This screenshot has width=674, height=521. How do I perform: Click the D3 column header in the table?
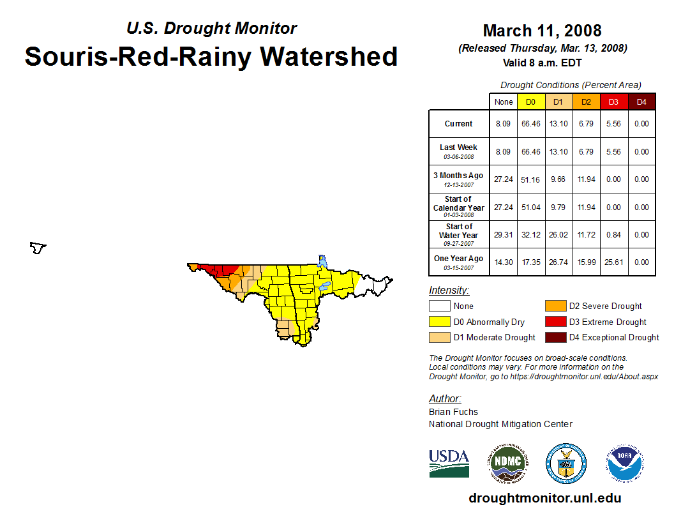pos(613,102)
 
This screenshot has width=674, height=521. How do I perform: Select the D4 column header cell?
pos(641,102)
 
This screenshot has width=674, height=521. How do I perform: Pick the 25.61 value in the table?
pos(613,262)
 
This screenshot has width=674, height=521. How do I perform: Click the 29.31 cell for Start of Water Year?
pos(503,235)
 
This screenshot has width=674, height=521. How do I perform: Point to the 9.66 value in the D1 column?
pos(558,179)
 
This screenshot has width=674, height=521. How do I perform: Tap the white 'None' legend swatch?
pos(440,306)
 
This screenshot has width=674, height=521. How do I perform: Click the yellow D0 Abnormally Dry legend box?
pos(440,322)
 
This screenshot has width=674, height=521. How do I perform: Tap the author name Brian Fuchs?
pos(453,412)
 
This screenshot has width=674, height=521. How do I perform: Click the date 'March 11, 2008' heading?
pos(542,31)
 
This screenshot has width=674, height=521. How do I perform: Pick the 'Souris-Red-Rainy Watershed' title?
pos(211,57)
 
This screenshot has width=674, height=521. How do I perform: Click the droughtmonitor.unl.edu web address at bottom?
pos(544,498)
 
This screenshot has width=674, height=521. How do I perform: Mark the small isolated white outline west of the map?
pos(38,247)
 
